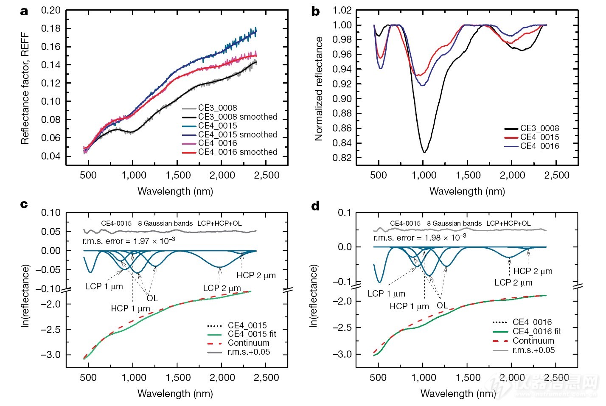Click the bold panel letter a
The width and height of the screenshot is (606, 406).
coord(24,11)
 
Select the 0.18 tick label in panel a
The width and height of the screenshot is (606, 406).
coord(50,28)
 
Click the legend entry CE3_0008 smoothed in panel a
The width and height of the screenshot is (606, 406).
coord(238,117)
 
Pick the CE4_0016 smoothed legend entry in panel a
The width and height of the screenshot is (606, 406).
coord(238,152)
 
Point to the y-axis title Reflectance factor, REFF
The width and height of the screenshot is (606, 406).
coord(25,88)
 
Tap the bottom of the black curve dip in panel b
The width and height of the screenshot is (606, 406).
coord(424,151)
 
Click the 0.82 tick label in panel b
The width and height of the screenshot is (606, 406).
coord(342,157)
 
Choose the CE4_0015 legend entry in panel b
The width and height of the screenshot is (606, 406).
coord(539,137)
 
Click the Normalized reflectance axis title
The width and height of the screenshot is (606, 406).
coord(319,88)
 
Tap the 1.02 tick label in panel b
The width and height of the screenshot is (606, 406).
coord(342,10)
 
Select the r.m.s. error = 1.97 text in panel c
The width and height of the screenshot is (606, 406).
coord(129,241)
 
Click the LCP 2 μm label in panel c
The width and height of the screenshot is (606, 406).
coord(222,288)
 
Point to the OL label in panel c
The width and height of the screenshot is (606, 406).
coord(152,298)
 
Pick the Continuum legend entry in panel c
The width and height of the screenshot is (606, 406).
coord(248,343)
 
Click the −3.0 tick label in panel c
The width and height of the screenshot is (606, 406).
coord(50,355)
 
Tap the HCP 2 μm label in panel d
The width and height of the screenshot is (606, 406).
coord(533,271)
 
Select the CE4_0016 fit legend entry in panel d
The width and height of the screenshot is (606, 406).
coord(536,331)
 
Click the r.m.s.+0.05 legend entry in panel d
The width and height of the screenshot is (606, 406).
coord(533,350)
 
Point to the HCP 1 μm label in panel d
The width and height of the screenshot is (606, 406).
coord(409,306)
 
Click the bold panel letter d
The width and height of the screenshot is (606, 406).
coord(315,206)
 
